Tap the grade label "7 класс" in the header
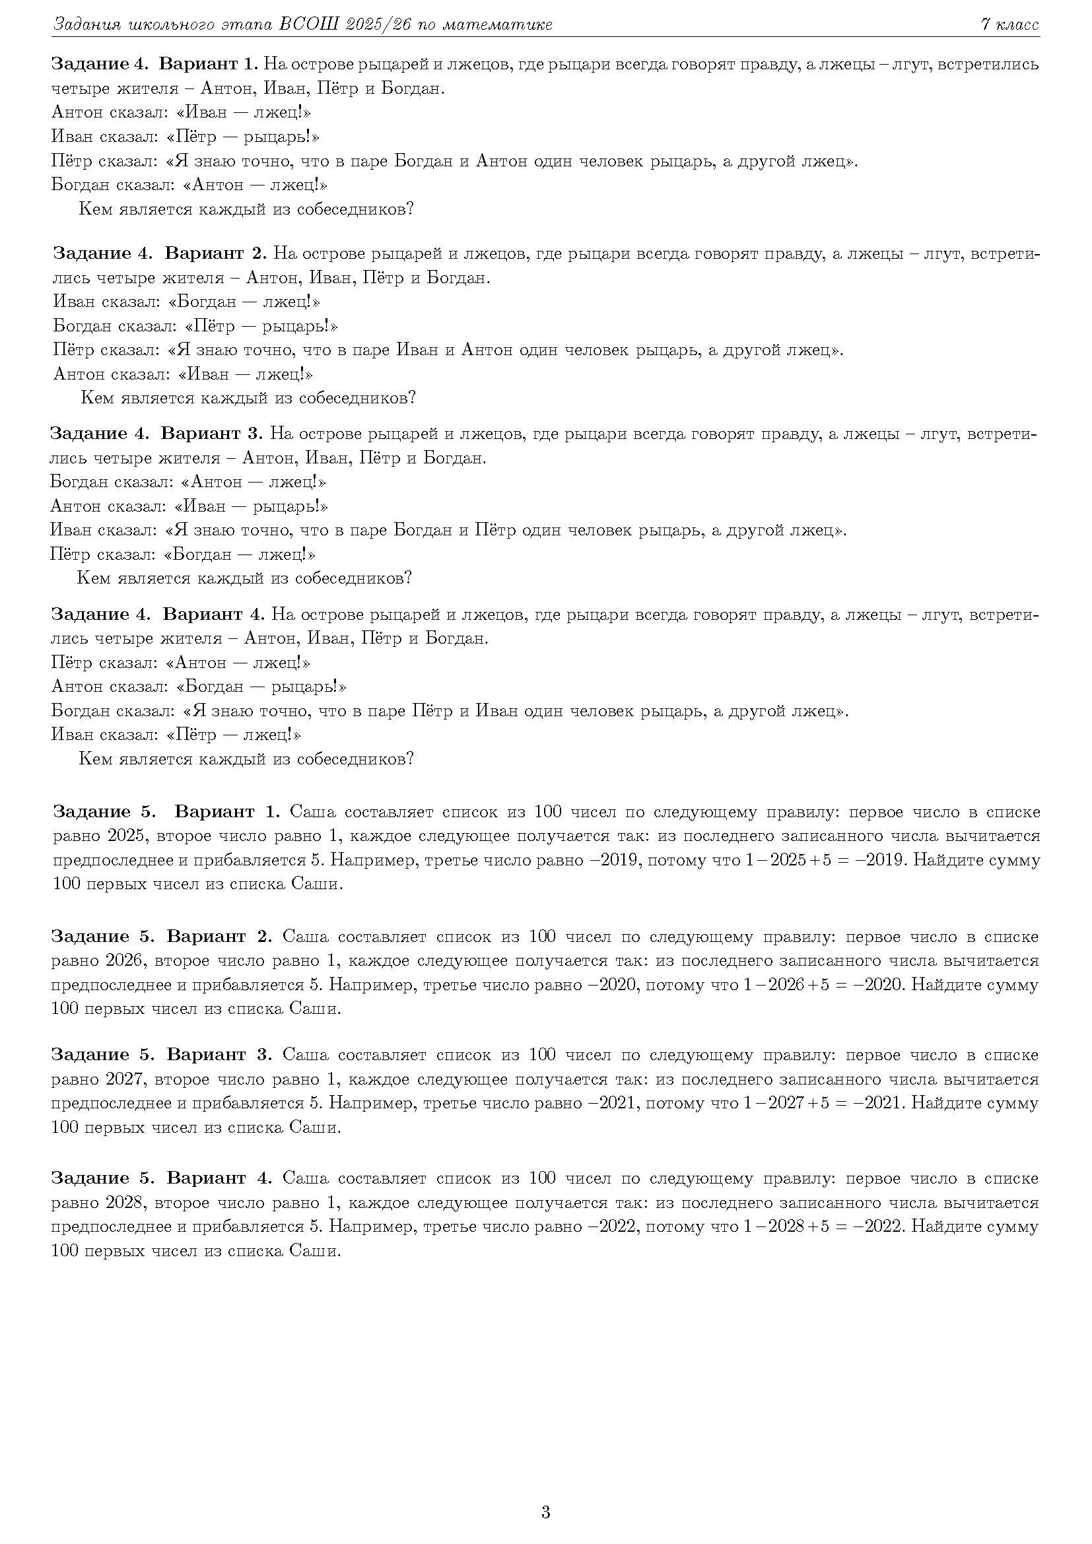pos(1009,25)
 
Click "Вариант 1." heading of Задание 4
pos(209,65)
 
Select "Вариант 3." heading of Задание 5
pos(219,1054)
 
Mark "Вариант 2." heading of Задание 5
pos(219,936)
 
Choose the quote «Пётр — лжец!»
pos(233,734)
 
